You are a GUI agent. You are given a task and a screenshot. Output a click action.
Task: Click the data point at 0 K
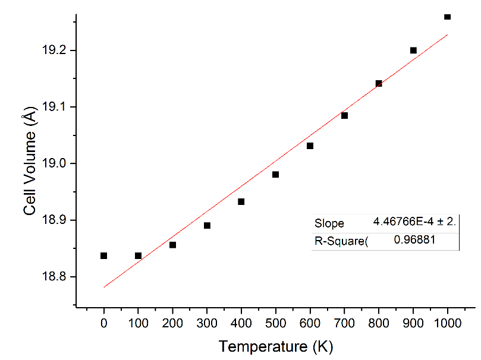(x=103, y=255)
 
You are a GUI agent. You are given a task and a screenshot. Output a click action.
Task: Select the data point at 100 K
(x=138, y=255)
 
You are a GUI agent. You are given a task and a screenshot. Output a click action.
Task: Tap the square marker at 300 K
(x=207, y=225)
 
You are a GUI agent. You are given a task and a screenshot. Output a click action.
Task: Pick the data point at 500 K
(x=275, y=174)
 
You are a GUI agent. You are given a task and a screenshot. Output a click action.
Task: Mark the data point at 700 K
(x=344, y=115)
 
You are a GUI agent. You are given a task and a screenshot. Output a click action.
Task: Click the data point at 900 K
(x=413, y=50)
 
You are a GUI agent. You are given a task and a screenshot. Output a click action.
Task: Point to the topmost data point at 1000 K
(x=447, y=17)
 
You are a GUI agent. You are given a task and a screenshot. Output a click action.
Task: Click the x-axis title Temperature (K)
(x=275, y=346)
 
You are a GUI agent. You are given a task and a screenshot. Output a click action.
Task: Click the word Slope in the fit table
(x=329, y=223)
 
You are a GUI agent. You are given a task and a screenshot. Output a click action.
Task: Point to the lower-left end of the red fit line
(x=104, y=287)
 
